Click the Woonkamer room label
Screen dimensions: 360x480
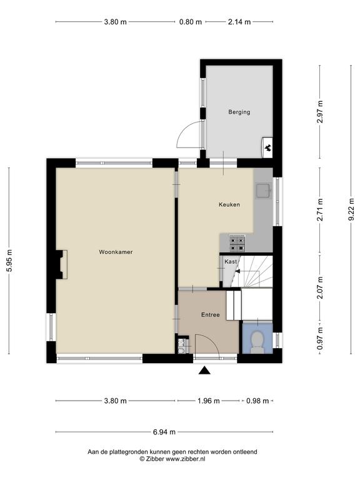[x=116, y=252]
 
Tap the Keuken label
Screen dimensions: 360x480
[x=229, y=204]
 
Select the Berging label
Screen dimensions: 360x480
[x=239, y=112]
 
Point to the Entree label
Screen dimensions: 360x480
[x=210, y=315]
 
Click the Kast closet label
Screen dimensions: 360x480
[x=231, y=262]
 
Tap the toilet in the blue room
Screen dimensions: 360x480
[x=257, y=342]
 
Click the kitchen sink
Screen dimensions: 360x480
[x=263, y=191]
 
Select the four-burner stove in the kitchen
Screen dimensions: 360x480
[x=237, y=243]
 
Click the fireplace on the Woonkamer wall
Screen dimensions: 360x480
[x=61, y=264]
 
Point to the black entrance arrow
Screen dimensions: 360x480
[x=205, y=371]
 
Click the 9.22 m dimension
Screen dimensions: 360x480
[x=351, y=209]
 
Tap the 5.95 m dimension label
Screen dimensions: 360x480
[x=10, y=261]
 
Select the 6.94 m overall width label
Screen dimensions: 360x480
[x=164, y=432]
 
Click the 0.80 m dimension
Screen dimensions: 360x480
[x=191, y=22]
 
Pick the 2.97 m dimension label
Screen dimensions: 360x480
[x=320, y=112]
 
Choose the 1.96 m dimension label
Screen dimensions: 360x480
[x=209, y=401]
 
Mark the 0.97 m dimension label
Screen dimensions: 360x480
[x=320, y=338]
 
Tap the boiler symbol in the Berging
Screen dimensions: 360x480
[x=267, y=147]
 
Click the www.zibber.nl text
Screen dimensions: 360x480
[x=186, y=459]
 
